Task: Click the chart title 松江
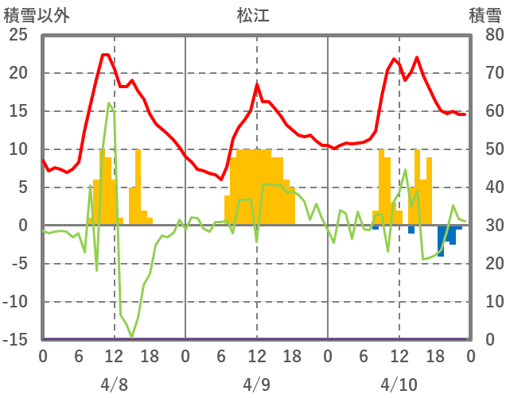(253, 15)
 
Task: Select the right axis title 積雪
(485, 15)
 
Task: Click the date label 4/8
(115, 363)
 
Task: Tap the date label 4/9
(257, 363)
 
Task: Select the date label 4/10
(399, 363)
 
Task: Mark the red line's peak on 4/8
(105, 55)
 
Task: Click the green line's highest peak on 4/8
(109, 103)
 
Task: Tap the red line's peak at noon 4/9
(258, 84)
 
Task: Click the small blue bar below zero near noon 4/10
(411, 230)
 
